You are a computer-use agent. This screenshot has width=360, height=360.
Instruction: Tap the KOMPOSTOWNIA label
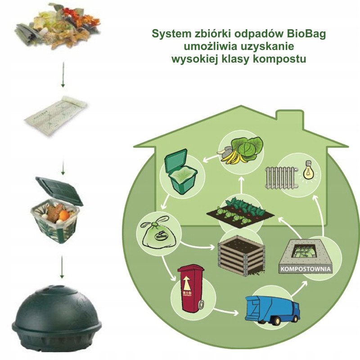tap(306, 270)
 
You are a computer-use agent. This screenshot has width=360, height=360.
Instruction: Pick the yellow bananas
tap(233, 155)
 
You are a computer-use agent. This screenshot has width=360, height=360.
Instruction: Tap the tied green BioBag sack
tap(155, 233)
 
